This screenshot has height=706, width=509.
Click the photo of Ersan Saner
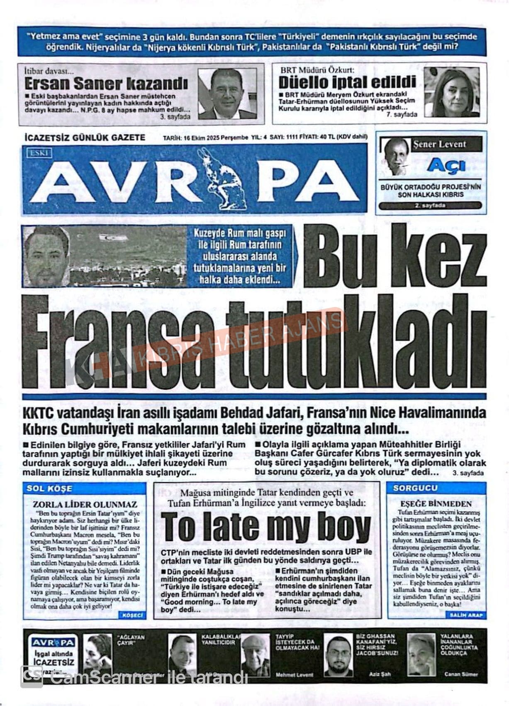[227, 93]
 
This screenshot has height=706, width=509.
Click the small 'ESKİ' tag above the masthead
[40, 153]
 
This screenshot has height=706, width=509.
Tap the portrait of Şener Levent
[396, 157]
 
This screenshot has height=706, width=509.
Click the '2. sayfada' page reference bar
[430, 206]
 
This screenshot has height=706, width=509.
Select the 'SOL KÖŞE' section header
[49, 488]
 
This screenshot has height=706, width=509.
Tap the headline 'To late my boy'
[266, 527]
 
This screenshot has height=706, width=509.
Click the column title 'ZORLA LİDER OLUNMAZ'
[85, 505]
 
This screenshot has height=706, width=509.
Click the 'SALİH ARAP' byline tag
[466, 615]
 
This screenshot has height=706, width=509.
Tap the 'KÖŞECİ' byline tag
[132, 615]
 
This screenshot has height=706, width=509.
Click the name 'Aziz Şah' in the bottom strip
[380, 674]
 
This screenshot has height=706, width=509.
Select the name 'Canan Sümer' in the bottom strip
[461, 674]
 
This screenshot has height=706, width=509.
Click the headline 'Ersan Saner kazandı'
[106, 84]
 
